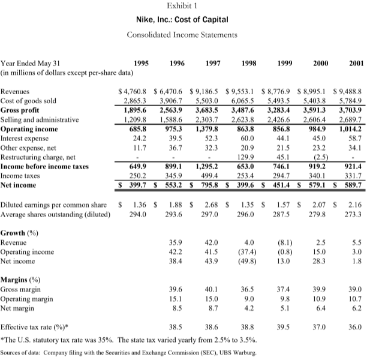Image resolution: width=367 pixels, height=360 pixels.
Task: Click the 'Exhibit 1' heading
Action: [x=183, y=7]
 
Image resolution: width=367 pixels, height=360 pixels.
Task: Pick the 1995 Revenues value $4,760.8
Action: [x=132, y=92]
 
